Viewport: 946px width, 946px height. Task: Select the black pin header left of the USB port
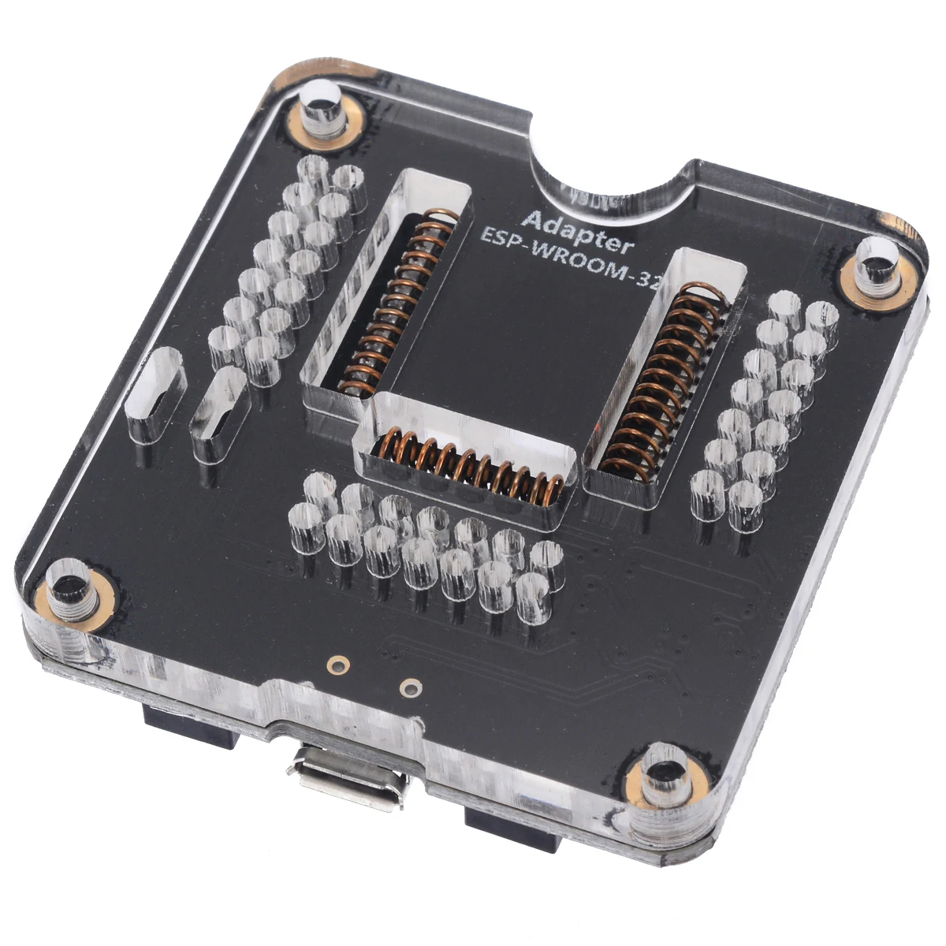coord(189,729)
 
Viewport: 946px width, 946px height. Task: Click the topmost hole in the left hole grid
coord(315,169)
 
